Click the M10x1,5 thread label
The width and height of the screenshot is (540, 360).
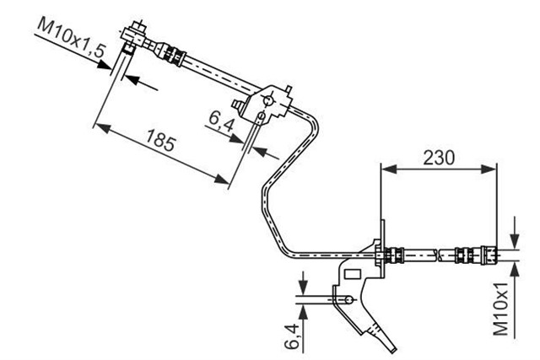pos(71,38)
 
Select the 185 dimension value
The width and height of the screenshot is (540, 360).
pos(160,140)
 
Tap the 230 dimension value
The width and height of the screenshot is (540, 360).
pos(439,158)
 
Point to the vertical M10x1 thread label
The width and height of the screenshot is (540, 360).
pos(501,309)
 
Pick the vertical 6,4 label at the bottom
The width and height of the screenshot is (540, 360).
pos(293,336)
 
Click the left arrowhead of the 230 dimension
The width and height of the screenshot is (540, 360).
pos(389,169)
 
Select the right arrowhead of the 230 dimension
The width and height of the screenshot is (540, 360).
pos(489,169)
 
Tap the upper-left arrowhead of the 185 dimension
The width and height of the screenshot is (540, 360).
pos(103,128)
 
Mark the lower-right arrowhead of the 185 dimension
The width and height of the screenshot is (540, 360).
pos(221,179)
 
